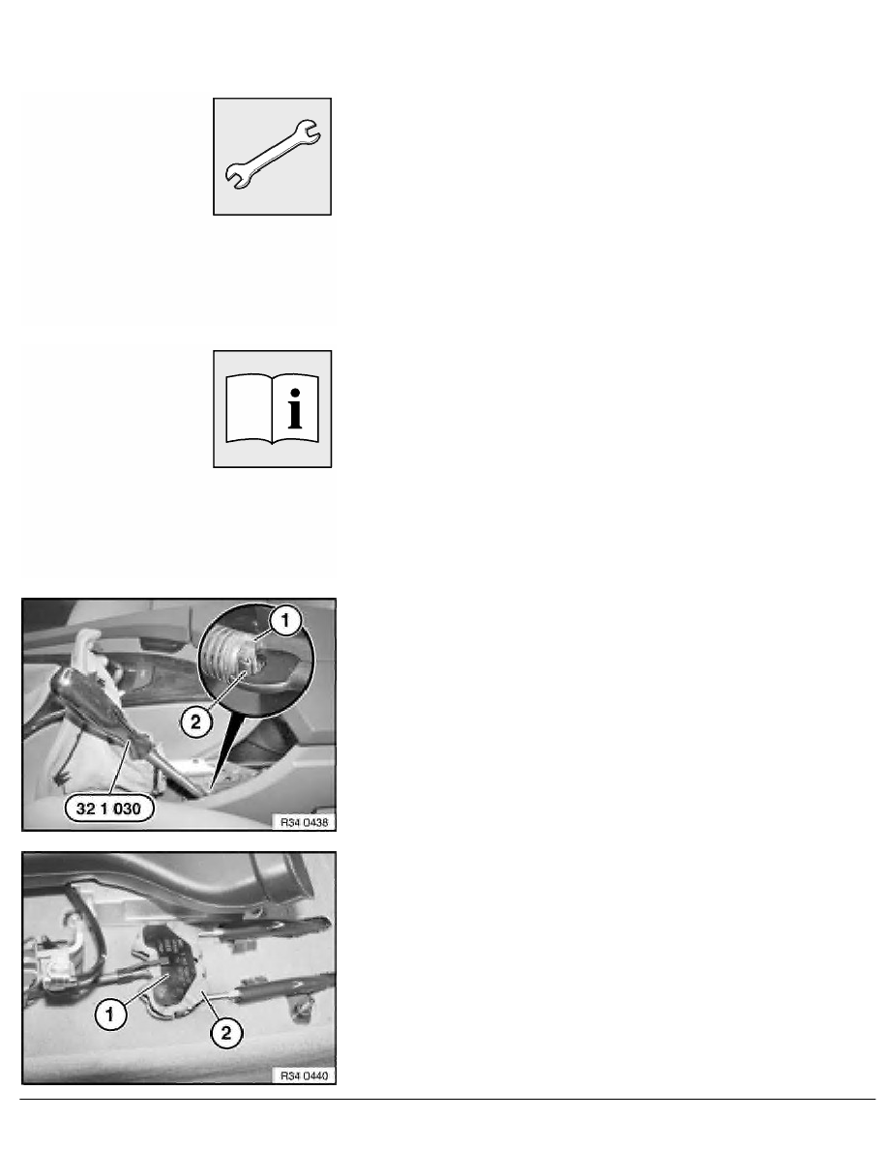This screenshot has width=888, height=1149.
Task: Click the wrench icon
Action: tap(272, 156)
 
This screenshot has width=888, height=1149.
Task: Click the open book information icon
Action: tap(272, 408)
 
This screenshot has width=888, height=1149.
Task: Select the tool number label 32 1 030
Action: tap(108, 809)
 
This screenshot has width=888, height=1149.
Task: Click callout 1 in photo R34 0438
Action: tap(285, 621)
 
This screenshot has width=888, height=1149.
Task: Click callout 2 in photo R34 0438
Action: tap(195, 722)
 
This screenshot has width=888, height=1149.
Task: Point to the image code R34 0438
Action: tap(304, 822)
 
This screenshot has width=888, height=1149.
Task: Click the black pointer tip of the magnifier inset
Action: tap(211, 791)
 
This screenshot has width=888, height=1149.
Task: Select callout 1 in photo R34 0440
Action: tap(110, 1015)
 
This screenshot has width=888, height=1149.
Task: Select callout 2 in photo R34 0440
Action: tap(225, 1033)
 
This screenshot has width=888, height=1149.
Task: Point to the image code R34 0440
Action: tap(304, 1075)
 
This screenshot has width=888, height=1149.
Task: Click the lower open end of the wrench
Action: tap(237, 177)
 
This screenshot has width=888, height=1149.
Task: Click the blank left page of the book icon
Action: tap(249, 408)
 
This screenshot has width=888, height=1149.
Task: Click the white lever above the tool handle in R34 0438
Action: tap(86, 642)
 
